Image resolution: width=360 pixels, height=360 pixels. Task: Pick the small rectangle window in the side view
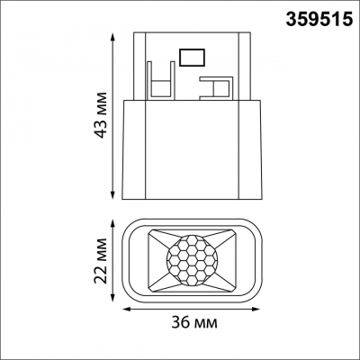tap(192, 57)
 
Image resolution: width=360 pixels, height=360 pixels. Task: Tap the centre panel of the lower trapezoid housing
tap(192, 153)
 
